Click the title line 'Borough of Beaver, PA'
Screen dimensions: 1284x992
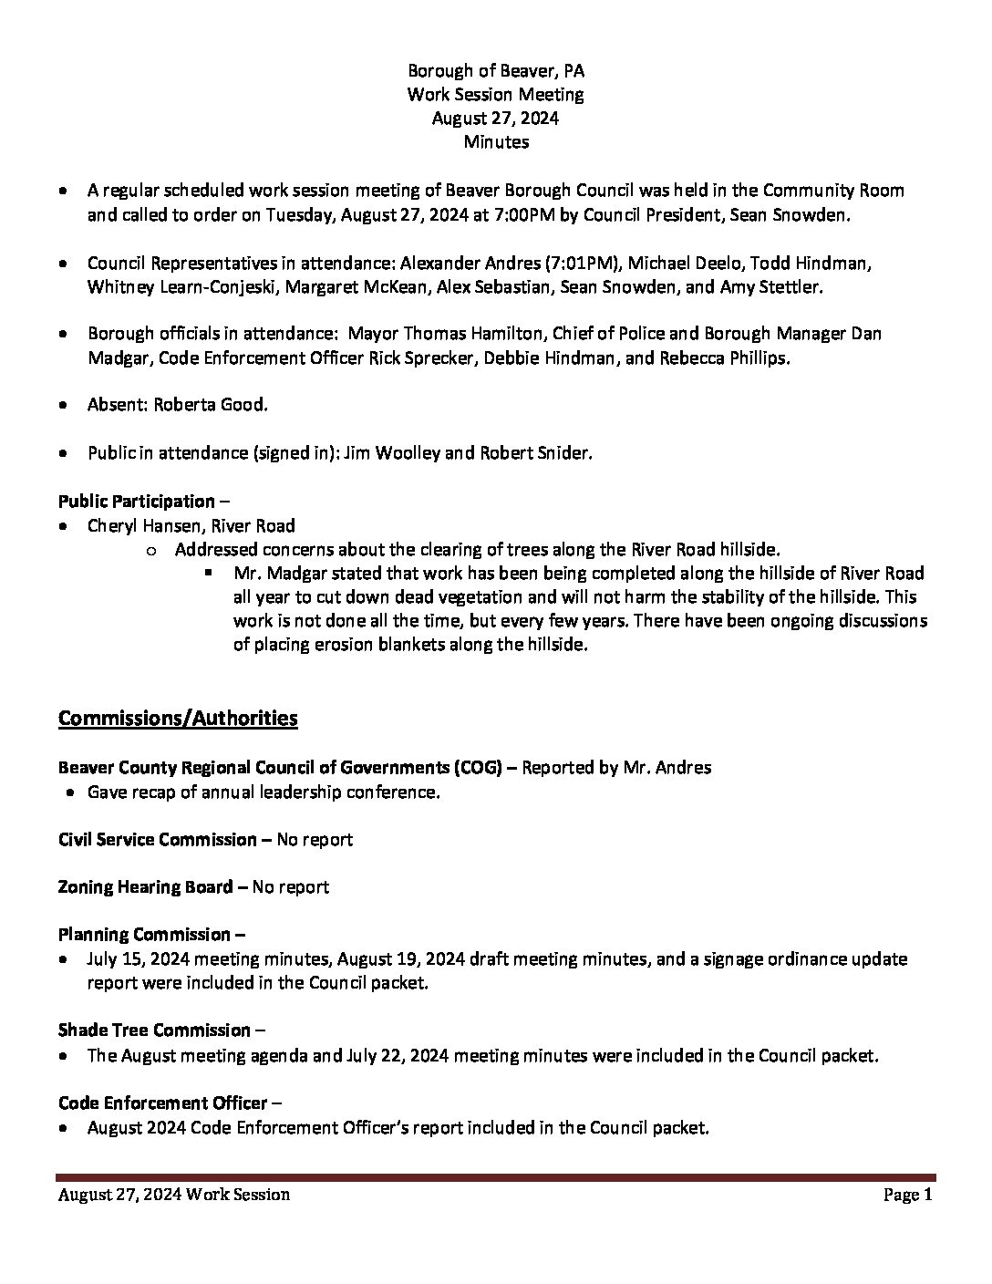click(495, 70)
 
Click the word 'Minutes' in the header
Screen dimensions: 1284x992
click(495, 141)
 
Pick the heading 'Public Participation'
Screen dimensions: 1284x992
click(137, 501)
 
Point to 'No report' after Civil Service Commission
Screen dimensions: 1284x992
click(315, 839)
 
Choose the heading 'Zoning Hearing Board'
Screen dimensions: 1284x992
click(146, 886)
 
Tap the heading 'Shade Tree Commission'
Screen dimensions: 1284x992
click(154, 1030)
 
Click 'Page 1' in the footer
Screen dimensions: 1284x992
click(908, 1195)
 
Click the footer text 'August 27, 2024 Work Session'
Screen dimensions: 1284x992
click(174, 1195)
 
